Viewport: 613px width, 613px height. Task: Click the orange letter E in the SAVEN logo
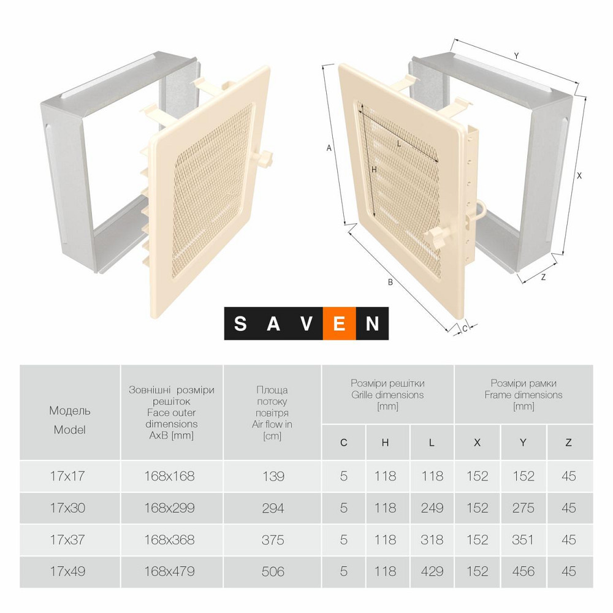pyautogui.click(x=340, y=324)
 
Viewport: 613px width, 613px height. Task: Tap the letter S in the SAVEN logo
pyautogui.click(x=240, y=324)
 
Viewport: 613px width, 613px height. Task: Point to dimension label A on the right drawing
pyautogui.click(x=329, y=148)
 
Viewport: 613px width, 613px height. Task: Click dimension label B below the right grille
pyautogui.click(x=390, y=282)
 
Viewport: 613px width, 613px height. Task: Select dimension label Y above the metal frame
pyautogui.click(x=516, y=56)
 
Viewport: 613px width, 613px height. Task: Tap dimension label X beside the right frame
pyautogui.click(x=579, y=176)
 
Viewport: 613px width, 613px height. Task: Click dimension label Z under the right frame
pyautogui.click(x=543, y=277)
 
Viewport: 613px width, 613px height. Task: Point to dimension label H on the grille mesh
pyautogui.click(x=374, y=170)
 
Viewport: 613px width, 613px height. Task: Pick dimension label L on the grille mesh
pyautogui.click(x=399, y=144)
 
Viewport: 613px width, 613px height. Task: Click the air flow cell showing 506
pyautogui.click(x=273, y=571)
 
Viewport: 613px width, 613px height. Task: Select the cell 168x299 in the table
pyautogui.click(x=169, y=508)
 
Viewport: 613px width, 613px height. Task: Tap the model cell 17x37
pyautogui.click(x=67, y=540)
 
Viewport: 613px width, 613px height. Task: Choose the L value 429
pyautogui.click(x=432, y=571)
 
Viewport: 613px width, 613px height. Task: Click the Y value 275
pyautogui.click(x=523, y=508)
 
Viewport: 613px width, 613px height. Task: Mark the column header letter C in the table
pyautogui.click(x=344, y=443)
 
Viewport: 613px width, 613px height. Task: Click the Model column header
pyautogui.click(x=70, y=420)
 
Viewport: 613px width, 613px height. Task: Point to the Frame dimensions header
pyautogui.click(x=524, y=394)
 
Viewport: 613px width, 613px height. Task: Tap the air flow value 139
pyautogui.click(x=273, y=476)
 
